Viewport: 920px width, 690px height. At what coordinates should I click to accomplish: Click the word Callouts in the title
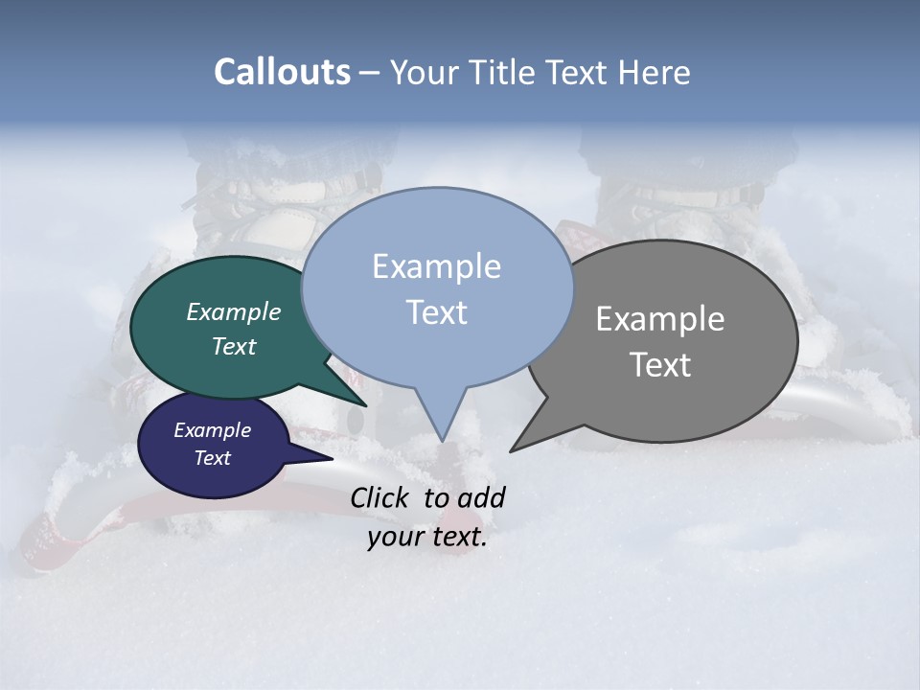coord(282,72)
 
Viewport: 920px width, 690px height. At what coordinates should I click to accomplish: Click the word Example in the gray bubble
coord(660,319)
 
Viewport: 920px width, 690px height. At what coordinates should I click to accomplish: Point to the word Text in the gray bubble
coord(660,365)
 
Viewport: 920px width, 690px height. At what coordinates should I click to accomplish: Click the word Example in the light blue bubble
coord(436,266)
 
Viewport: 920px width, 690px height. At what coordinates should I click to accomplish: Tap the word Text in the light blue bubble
coord(436,312)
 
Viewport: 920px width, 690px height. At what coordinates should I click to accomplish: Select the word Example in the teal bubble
coord(234,312)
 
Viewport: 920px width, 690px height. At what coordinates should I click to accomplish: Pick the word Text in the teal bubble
coord(234,347)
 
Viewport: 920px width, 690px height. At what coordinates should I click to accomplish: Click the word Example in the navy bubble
coord(212,430)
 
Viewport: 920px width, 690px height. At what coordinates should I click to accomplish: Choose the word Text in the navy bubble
coord(212,458)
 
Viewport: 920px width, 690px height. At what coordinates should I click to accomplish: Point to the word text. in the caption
coord(456,537)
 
